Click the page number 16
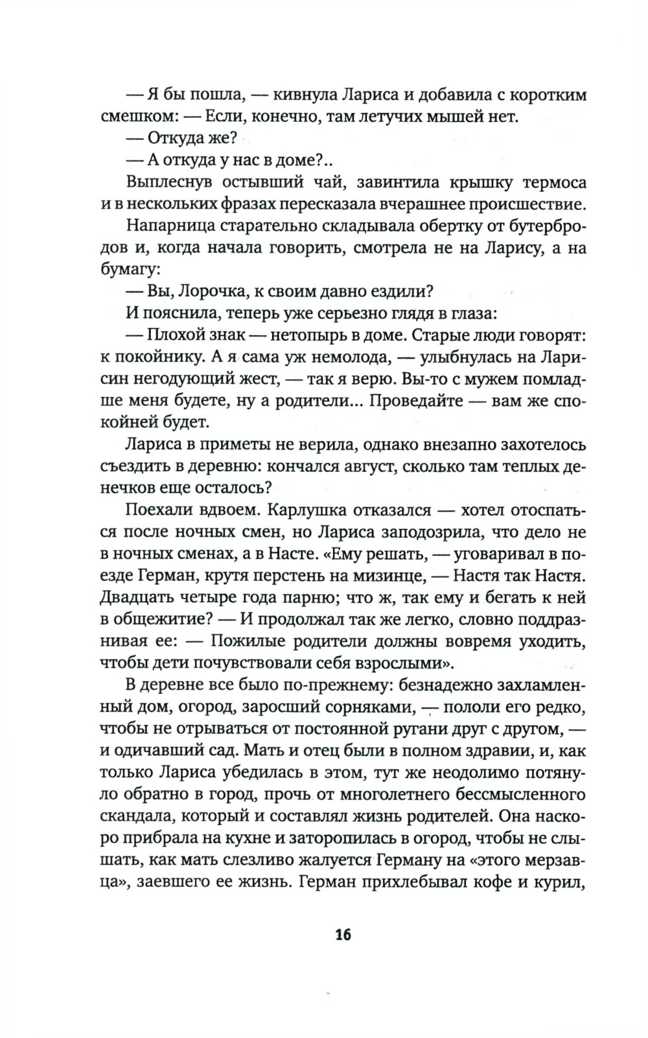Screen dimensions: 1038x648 pyautogui.click(x=343, y=934)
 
